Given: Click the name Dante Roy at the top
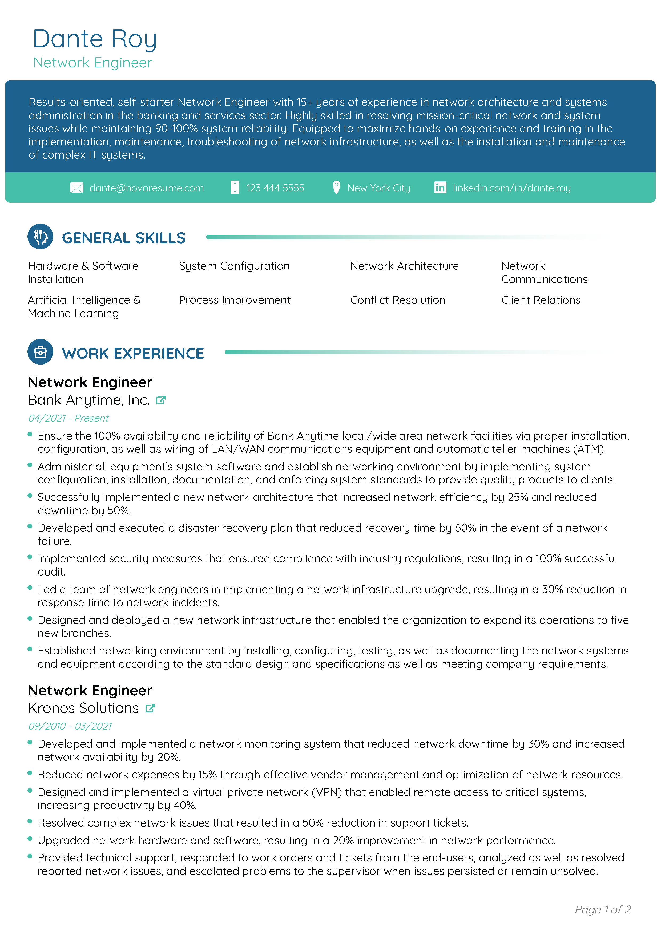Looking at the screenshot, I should (x=95, y=39).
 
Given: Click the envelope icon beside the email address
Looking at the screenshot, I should (x=76, y=188).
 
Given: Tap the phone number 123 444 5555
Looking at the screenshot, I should (x=275, y=188).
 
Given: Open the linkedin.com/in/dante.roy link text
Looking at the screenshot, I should (x=511, y=188).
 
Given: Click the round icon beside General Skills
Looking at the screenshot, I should (x=40, y=237).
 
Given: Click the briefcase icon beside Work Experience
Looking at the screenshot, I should (x=40, y=352).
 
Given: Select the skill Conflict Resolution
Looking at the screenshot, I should (x=397, y=300).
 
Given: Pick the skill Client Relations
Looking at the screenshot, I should (x=541, y=300).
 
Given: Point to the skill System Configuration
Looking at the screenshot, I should (x=234, y=266).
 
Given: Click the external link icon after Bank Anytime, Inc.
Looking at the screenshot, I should (x=161, y=400).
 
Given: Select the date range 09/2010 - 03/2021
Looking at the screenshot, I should (x=70, y=726).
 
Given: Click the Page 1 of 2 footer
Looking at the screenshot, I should (x=602, y=909).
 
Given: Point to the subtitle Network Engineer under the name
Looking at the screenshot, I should (x=92, y=63).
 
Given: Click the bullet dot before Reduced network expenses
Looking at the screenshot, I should (x=30, y=773).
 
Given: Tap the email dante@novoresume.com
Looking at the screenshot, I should (x=147, y=188).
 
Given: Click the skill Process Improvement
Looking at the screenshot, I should (x=235, y=300).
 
